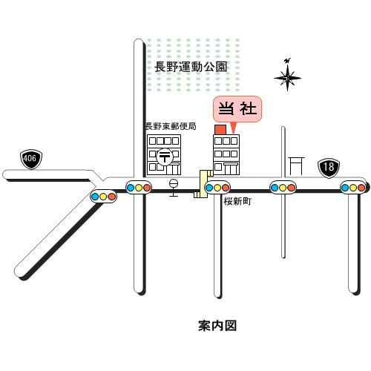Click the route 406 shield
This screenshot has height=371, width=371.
[x=31, y=159]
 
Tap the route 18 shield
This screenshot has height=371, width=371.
[x=329, y=168]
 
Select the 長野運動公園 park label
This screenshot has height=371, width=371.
[x=191, y=67]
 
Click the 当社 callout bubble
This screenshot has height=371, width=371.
[x=237, y=109]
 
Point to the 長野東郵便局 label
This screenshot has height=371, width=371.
[x=171, y=126]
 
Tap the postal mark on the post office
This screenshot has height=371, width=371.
[x=165, y=157]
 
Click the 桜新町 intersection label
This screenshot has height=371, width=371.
[x=237, y=202]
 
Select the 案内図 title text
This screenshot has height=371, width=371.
[x=217, y=326]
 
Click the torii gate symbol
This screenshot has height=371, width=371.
[x=297, y=165]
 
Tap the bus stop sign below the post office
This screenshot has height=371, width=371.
[x=174, y=188]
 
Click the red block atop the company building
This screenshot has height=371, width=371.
[x=220, y=130]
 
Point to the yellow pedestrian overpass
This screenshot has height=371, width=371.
[x=203, y=184]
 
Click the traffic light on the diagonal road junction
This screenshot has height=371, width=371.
[x=103, y=197]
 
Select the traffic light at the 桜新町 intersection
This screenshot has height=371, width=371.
[x=217, y=188]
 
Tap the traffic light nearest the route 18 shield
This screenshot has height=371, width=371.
[x=353, y=188]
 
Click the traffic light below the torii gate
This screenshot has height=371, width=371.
[x=283, y=188]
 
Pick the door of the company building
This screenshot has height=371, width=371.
[x=231, y=169]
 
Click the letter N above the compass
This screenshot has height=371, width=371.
[x=287, y=61]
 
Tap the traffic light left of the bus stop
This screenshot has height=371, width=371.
[x=139, y=188]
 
